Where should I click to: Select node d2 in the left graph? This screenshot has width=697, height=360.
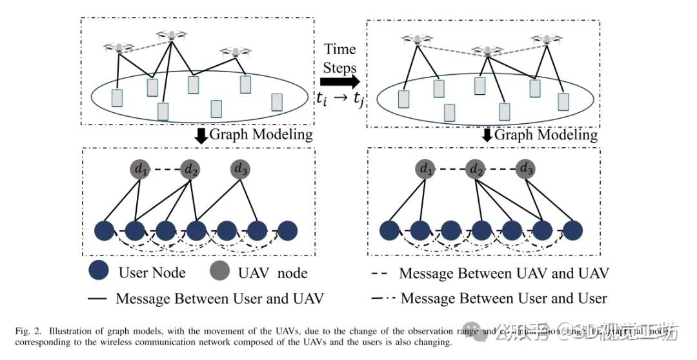190,169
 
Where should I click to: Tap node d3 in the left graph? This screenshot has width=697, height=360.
240,169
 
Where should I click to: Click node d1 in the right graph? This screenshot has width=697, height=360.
425,169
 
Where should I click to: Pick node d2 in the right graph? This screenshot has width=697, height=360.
476,169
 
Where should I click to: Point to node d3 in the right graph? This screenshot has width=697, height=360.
527,169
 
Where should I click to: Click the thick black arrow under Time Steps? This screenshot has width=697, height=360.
340,81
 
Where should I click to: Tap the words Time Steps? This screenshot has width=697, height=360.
340,58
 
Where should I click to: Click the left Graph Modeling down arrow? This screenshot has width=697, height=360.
201,135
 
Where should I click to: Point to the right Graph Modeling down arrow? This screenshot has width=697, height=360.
487,135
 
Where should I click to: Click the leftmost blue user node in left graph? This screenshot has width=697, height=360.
105,230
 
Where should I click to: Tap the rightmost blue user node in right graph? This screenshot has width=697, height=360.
572,230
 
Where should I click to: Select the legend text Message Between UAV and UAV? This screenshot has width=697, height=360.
503,274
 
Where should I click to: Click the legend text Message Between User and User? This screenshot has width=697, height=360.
503,299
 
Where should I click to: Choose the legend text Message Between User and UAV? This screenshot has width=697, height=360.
219,299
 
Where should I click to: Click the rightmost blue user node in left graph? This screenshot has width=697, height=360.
287,230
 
